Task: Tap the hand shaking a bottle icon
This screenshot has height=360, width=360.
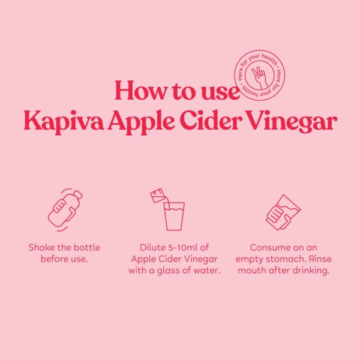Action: [x=65, y=208]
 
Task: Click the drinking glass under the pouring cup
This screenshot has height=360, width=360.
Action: [x=174, y=216]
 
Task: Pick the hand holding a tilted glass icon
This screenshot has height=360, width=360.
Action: [x=283, y=211]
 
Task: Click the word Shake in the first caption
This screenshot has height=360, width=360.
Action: [x=42, y=248]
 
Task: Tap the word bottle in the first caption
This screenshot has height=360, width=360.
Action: [x=85, y=248]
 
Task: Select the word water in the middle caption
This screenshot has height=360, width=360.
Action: [x=206, y=271]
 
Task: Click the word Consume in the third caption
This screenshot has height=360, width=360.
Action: [x=270, y=248]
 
